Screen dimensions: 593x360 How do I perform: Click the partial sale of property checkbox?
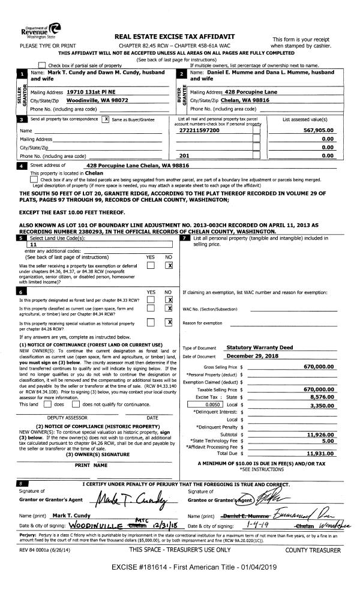(42, 65)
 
